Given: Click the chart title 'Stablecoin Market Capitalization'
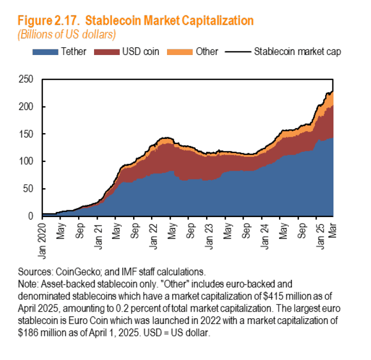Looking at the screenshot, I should (169, 21).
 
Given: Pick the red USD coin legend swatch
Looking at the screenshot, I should (108, 51).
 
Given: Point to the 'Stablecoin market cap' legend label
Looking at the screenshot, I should (298, 51).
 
